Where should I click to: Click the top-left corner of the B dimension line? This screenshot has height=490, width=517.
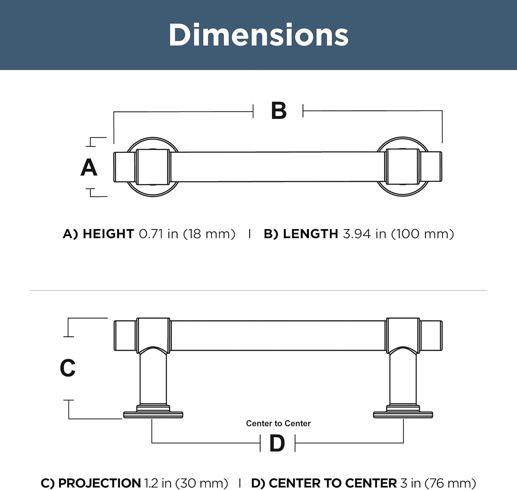114,112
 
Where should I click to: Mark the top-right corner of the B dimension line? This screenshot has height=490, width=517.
442,111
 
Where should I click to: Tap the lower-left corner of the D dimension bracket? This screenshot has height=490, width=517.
152,443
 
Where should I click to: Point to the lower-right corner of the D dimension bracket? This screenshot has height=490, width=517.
403,443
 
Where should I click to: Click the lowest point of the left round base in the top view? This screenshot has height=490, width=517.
153,196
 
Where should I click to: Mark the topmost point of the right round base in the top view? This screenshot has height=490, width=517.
403,137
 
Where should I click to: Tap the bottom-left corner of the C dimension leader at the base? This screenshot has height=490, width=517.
69,419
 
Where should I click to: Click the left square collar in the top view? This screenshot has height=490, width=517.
153,167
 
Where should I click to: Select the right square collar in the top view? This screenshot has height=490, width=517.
402,166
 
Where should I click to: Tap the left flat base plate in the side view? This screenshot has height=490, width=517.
153,415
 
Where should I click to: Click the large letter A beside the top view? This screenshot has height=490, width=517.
89,167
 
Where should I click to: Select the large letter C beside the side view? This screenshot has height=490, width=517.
68,368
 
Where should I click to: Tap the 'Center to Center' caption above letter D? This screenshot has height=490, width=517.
278,423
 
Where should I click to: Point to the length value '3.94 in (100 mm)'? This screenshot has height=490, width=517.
398,234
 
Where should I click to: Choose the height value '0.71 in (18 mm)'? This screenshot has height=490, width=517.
187,234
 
